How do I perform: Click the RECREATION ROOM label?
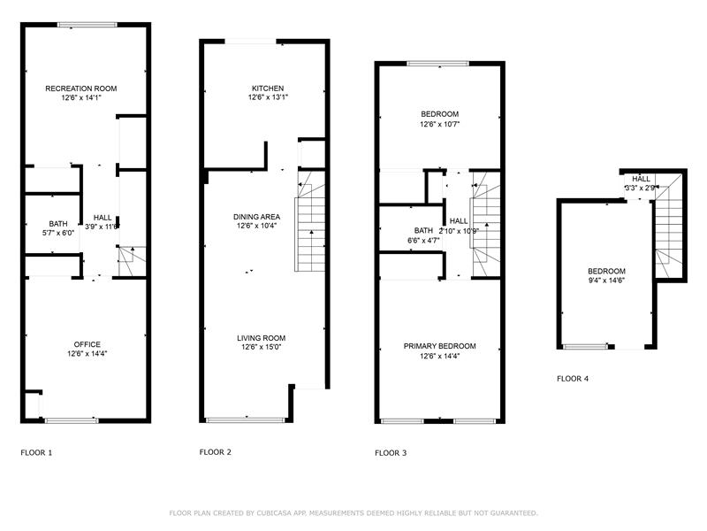coord(81,88)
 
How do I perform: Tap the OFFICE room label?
coord(87,344)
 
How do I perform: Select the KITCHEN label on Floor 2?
coord(268,88)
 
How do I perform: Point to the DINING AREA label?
coord(256,217)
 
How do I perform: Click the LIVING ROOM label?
coord(262,338)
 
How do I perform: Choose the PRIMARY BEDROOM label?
coord(439,346)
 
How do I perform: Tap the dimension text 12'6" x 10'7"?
coord(439,124)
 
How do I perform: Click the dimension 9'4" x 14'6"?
coord(606,281)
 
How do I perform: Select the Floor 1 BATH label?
coord(58,224)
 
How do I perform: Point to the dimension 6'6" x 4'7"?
coord(423,241)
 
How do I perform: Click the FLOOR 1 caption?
coord(36,452)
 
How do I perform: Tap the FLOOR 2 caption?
coord(216,452)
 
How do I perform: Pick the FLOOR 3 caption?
coord(391,453)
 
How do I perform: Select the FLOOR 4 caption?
coord(573,379)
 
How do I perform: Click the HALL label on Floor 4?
coord(641,179)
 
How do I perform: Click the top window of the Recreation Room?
coord(87,25)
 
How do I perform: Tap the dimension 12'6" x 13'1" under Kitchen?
coord(268,97)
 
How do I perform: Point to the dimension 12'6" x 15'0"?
coord(262,347)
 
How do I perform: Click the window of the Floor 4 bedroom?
coord(585,347)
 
